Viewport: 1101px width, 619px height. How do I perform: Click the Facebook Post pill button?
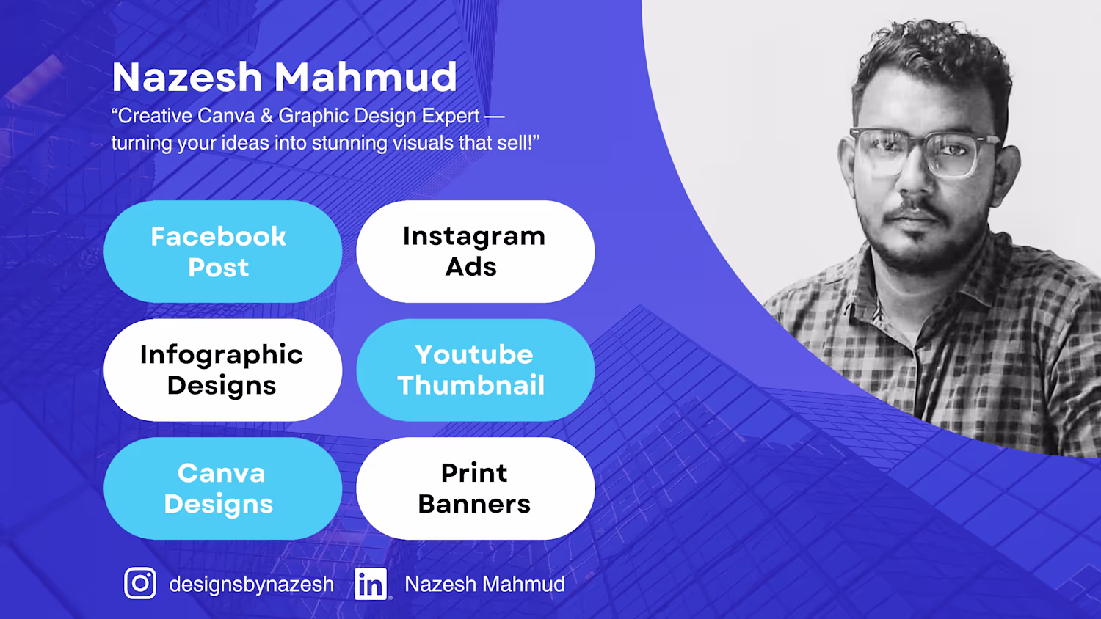(x=222, y=252)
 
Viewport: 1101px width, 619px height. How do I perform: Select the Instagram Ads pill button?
(x=476, y=252)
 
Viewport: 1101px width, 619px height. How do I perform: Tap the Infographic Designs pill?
(x=222, y=370)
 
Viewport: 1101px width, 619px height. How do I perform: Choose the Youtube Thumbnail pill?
(x=476, y=370)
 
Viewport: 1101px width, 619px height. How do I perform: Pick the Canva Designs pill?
(x=222, y=488)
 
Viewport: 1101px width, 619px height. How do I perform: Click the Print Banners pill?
(x=476, y=488)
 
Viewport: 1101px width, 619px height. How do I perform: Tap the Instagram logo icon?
(x=140, y=583)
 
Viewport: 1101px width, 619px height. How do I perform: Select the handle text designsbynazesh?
(x=251, y=585)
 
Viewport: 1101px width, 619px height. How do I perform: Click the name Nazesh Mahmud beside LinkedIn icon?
(x=484, y=584)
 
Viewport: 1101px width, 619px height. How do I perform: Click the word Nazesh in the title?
(x=187, y=77)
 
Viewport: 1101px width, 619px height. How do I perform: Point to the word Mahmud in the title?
(x=366, y=77)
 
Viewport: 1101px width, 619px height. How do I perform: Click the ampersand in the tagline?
(x=266, y=117)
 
